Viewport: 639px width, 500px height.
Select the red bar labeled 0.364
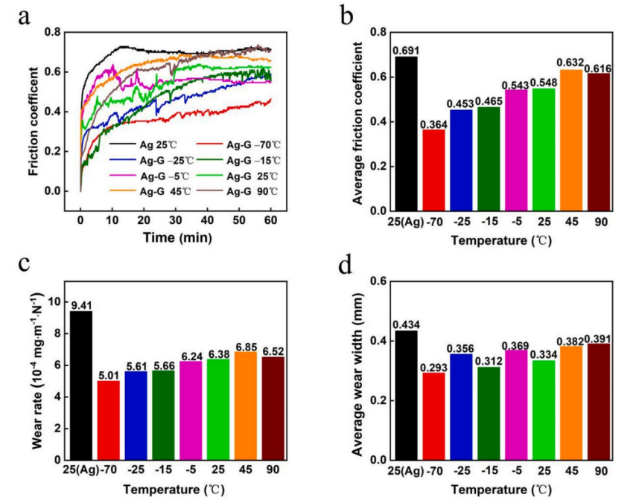click(x=433, y=170)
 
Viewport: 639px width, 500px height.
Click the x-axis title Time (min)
click(x=176, y=237)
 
